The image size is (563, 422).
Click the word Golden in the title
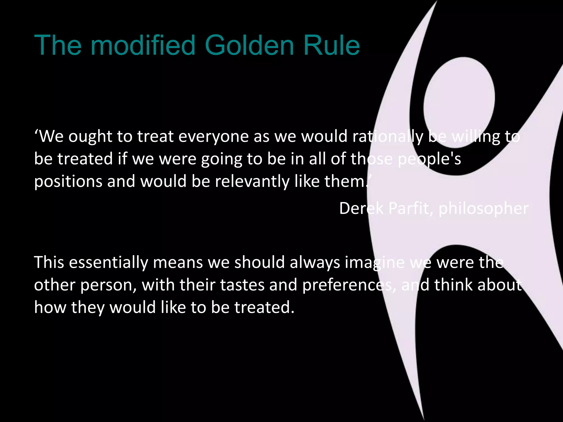[250, 45]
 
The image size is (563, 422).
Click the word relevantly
[252, 182]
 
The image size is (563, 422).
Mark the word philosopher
[483, 209]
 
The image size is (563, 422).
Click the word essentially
[109, 262]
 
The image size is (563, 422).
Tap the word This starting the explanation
[49, 262]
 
